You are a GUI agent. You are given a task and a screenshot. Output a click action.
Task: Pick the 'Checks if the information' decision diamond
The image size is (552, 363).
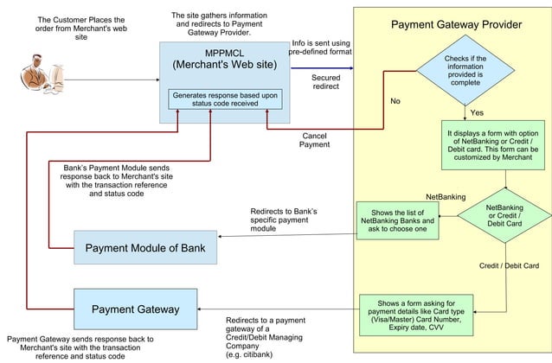point(465,68)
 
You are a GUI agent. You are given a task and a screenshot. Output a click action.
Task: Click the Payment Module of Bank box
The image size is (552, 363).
point(144,249)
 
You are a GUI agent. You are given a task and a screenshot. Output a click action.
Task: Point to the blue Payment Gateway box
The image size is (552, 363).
point(135,309)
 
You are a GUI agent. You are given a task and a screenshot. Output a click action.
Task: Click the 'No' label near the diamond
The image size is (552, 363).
point(395,102)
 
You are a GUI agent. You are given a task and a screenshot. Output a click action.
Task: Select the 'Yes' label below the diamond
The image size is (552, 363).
point(477,113)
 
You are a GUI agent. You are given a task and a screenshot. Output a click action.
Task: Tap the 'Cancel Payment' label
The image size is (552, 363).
point(314,140)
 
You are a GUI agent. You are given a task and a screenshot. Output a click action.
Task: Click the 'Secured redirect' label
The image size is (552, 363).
point(325,82)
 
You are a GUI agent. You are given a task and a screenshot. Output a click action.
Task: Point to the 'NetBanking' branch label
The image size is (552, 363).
point(446,197)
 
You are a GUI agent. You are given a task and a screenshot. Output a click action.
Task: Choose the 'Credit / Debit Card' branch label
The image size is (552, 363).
point(509,266)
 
